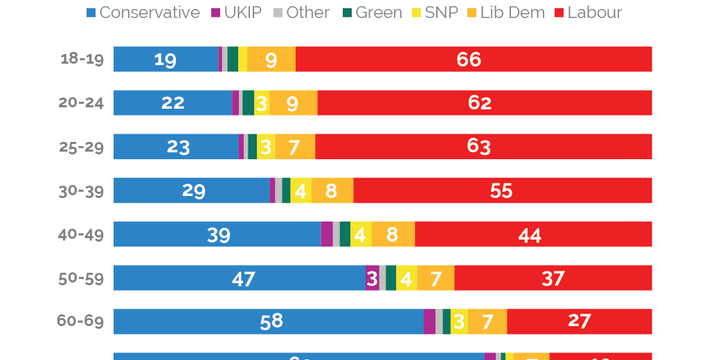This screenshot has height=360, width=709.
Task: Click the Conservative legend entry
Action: tap(143, 12)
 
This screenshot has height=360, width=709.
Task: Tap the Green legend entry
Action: tap(373, 12)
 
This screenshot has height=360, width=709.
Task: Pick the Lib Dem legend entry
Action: tap(505, 12)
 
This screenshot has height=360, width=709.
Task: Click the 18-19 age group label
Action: tap(82, 59)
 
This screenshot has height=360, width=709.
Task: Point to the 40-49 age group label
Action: tap(81, 234)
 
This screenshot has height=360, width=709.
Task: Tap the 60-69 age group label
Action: tap(81, 321)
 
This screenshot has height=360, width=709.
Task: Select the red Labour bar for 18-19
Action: tap(474, 60)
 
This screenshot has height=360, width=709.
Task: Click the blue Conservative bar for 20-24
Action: tap(172, 103)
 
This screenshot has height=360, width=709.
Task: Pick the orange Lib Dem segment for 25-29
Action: tap(295, 147)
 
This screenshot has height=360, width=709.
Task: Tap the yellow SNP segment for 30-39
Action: tap(300, 190)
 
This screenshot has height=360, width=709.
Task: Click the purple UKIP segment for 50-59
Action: tap(372, 278)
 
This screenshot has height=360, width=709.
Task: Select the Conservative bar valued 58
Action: tap(268, 321)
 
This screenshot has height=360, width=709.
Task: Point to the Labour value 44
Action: tap(530, 235)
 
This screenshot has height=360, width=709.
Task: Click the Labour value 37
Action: tap(553, 278)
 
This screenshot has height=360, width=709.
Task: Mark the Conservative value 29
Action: tap(193, 190)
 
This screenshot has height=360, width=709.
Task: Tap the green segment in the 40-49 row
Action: tap(345, 234)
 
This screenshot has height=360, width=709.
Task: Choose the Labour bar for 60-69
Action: tap(579, 321)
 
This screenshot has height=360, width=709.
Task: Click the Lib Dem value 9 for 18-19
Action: tap(271, 60)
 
